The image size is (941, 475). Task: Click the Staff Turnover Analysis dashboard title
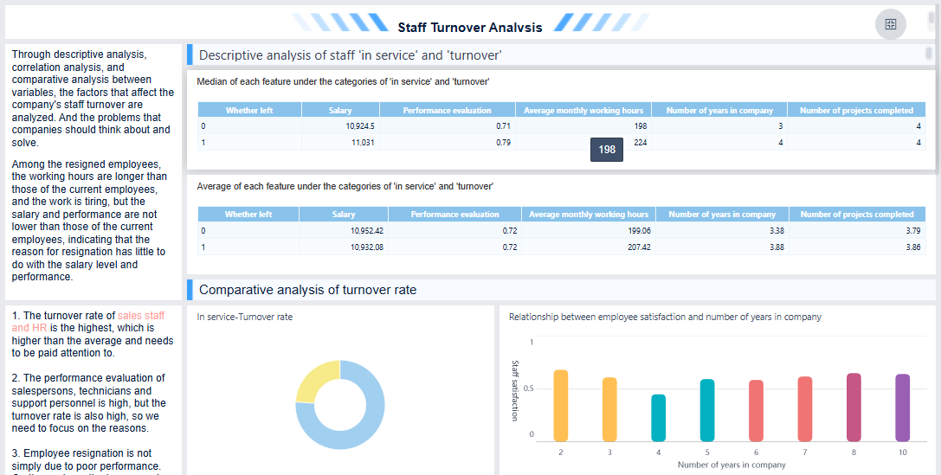(470, 27)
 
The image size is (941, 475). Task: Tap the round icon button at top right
(890, 24)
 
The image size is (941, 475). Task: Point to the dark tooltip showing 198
(607, 150)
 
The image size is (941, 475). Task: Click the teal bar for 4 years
(659, 418)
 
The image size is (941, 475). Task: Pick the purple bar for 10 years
(903, 408)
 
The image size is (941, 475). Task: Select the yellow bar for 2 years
(561, 406)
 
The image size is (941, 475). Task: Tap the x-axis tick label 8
(854, 453)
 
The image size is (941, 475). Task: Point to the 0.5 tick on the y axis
(528, 388)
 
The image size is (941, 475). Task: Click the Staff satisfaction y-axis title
(514, 390)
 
